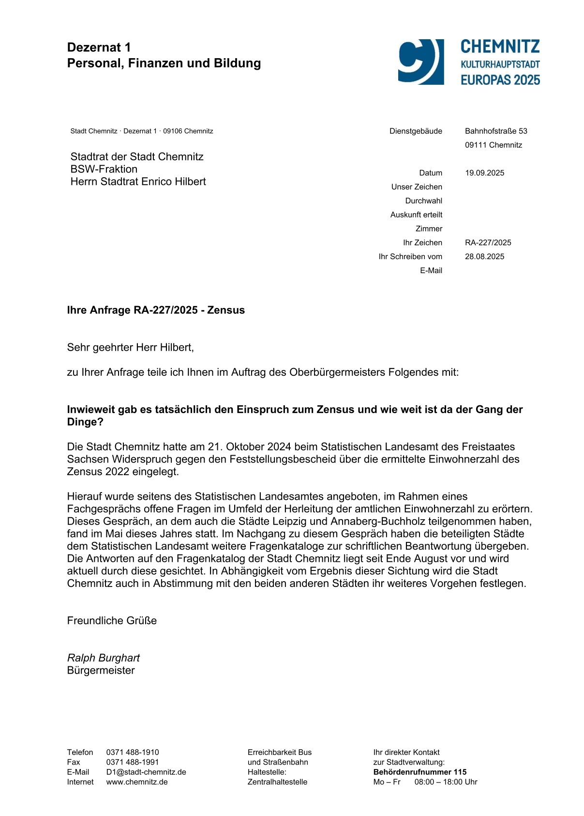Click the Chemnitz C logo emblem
click(x=420, y=62)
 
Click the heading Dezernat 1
click(x=99, y=47)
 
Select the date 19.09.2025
click(x=484, y=173)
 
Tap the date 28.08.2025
click(x=484, y=257)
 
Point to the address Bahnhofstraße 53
click(x=496, y=131)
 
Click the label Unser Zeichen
click(x=417, y=187)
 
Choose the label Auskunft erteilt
click(x=416, y=215)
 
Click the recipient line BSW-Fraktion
click(x=104, y=169)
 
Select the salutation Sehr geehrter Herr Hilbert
click(x=130, y=347)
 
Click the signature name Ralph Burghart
click(x=103, y=658)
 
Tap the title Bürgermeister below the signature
click(x=101, y=670)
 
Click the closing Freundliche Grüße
click(x=112, y=620)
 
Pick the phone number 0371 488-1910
click(x=133, y=752)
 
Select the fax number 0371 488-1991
click(x=133, y=762)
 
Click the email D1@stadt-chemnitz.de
click(x=146, y=772)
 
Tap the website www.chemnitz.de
click(x=137, y=782)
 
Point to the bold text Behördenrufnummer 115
click(x=420, y=772)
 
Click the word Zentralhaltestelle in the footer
click(x=277, y=782)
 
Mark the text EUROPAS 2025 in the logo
click(x=500, y=80)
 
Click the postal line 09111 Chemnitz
click(x=494, y=145)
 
